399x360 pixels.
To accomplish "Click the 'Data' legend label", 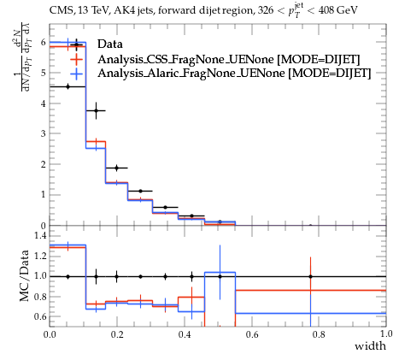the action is (x=110, y=44).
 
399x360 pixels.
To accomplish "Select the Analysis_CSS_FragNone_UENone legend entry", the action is (x=229, y=59).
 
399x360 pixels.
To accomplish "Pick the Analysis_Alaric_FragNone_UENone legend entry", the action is (x=234, y=74).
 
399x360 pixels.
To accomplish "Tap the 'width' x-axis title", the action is (x=370, y=346).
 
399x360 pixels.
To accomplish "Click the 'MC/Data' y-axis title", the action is (x=25, y=275).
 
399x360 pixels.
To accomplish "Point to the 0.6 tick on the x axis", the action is (x=252, y=333).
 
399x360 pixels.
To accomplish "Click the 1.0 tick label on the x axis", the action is (x=386, y=333).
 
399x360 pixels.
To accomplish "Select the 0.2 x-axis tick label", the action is (x=117, y=333).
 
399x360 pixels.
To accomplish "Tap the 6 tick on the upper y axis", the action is (x=44, y=42).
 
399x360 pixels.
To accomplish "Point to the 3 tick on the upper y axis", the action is (x=44, y=133).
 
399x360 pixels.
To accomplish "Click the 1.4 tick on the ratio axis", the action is (x=40, y=235).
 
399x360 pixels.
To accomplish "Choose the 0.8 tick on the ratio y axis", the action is (x=40, y=297).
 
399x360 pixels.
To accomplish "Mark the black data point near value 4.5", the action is (x=67, y=86).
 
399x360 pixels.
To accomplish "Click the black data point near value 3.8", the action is (x=96, y=110).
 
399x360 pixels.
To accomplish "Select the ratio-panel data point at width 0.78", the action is (x=310, y=276).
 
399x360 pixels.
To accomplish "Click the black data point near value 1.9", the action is (x=116, y=168).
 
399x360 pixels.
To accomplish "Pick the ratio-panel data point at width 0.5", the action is (x=220, y=276).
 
